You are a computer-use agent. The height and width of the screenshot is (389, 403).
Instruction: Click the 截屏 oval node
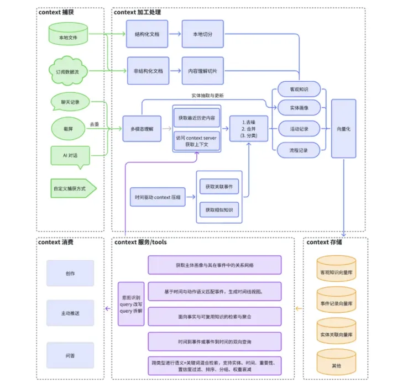pyautogui.click(x=68, y=128)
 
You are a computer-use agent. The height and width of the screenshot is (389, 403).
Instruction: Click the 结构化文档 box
pyautogui.click(x=146, y=34)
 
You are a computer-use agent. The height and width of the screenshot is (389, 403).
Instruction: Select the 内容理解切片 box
pyautogui.click(x=203, y=71)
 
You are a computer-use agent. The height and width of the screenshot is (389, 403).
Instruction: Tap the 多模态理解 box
pyautogui.click(x=142, y=128)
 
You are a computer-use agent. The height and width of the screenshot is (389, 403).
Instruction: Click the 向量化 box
pyautogui.click(x=343, y=128)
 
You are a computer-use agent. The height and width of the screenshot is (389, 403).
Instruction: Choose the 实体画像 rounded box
pyautogui.click(x=298, y=108)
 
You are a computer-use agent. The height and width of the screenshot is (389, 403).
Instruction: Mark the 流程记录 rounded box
pyautogui.click(x=298, y=150)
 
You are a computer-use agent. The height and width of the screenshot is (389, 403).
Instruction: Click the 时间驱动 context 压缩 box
pyautogui.click(x=158, y=197)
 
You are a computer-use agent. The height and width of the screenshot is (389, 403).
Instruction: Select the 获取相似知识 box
pyautogui.click(x=219, y=210)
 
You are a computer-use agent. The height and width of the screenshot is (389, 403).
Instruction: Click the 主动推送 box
pyautogui.click(x=70, y=313)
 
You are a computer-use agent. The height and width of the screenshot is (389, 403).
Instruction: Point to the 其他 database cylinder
pyautogui.click(x=336, y=365)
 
